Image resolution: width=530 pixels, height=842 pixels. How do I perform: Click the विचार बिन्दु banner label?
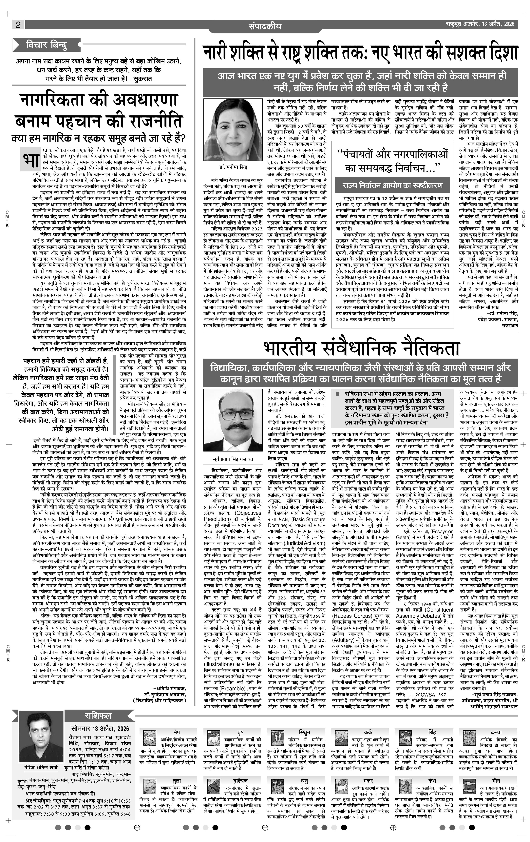click(x=47, y=45)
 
